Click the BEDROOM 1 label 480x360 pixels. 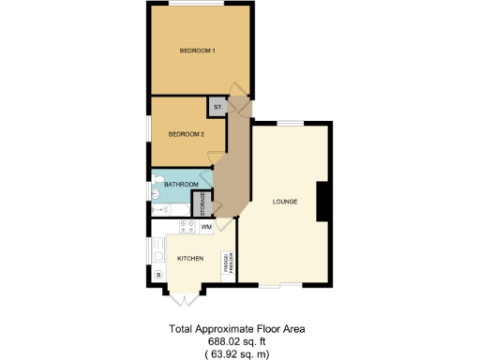pyautogui.click(x=198, y=50)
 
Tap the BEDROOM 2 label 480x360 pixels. pyautogui.click(x=186, y=134)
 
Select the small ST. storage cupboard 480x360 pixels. pyautogui.click(x=217, y=108)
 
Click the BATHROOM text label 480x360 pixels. pyautogui.click(x=181, y=185)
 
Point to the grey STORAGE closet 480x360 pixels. pyautogui.click(x=200, y=203)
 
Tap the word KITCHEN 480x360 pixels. pyautogui.click(x=191, y=258)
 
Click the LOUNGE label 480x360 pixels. pyautogui.click(x=285, y=202)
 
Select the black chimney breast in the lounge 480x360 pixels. pyautogui.click(x=322, y=202)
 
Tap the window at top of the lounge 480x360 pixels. pyautogui.click(x=289, y=124)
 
